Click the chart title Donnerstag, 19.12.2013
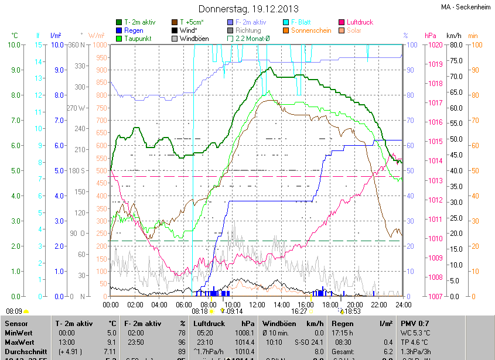point(248,9)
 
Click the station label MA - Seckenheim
point(466,7)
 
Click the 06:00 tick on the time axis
point(184,305)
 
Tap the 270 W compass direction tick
point(76,108)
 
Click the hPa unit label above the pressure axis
point(431,36)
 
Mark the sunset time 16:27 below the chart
point(299,311)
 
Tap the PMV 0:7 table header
point(415,323)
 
